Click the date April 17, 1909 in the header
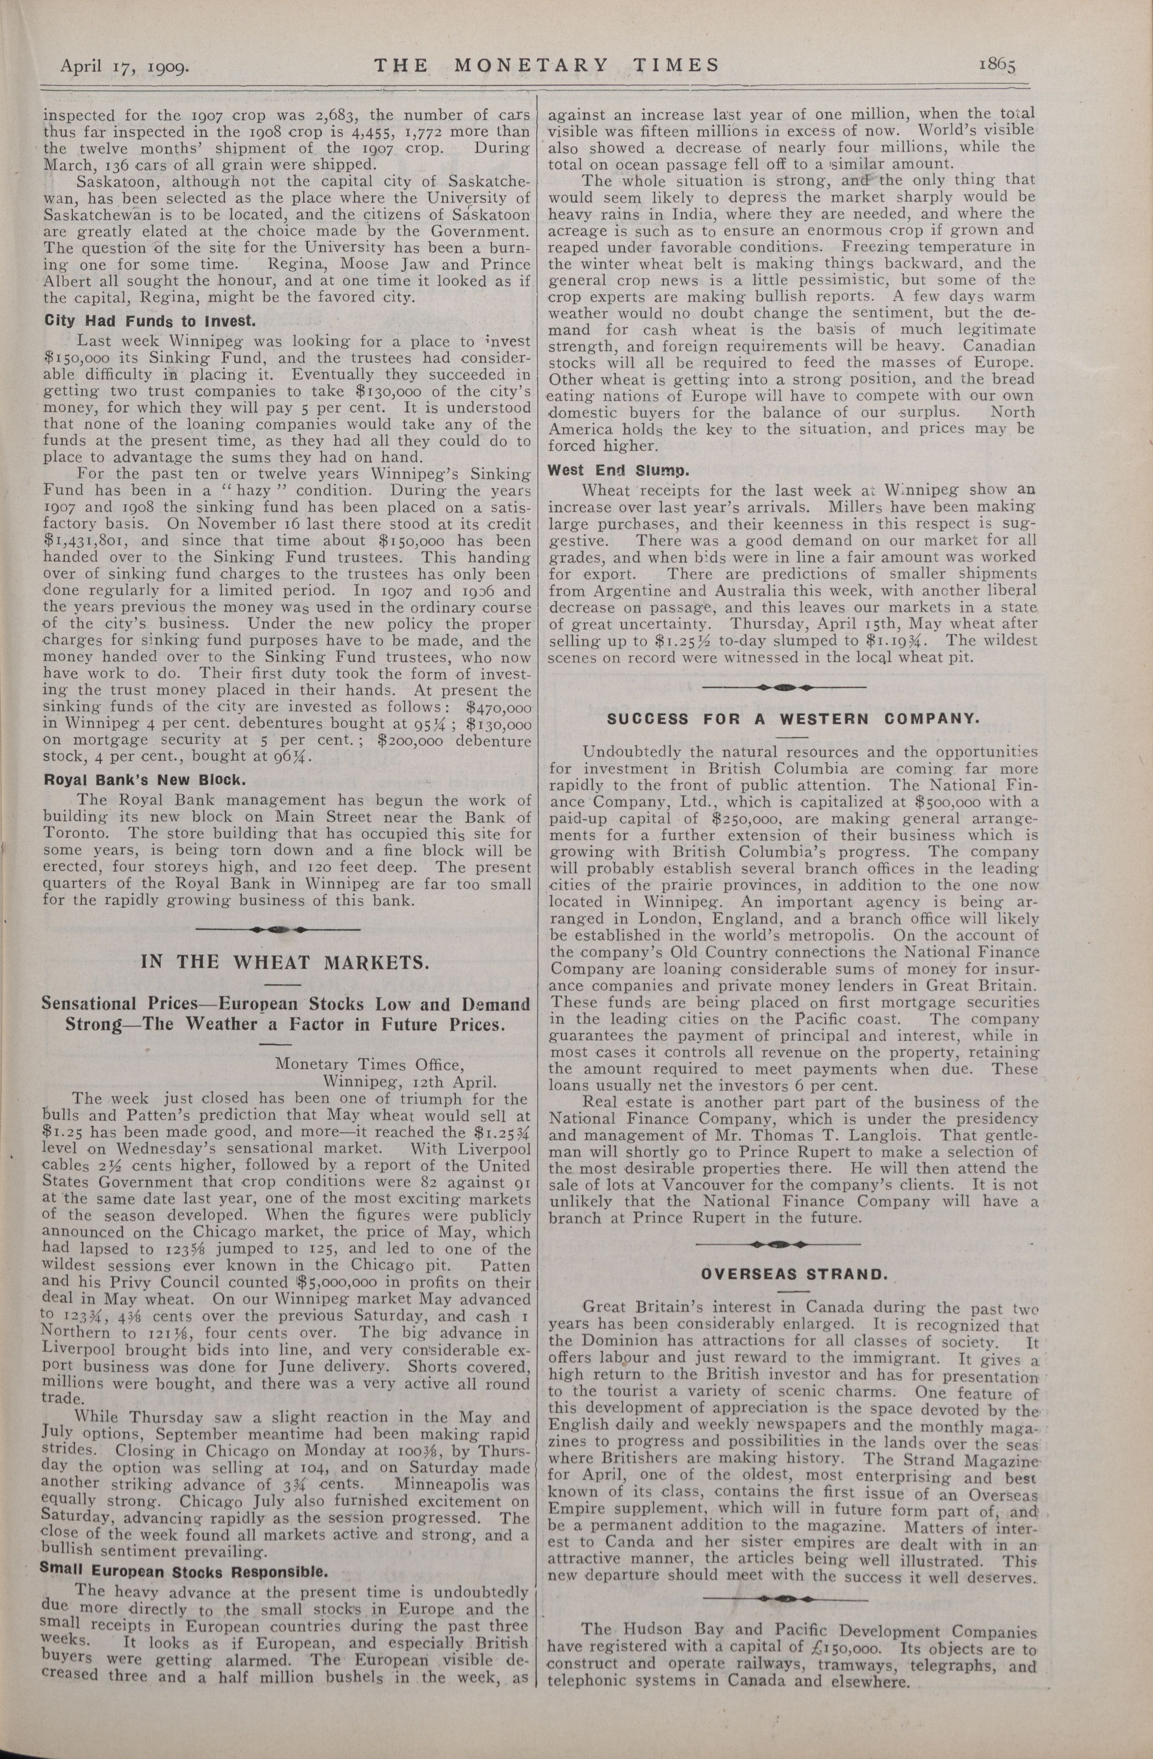coord(125,67)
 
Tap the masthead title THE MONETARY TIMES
coord(546,65)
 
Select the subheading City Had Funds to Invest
coord(150,321)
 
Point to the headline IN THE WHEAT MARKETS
coord(284,962)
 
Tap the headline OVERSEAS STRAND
coord(793,1274)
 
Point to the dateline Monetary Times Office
coord(369,1065)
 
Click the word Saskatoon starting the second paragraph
coord(116,182)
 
